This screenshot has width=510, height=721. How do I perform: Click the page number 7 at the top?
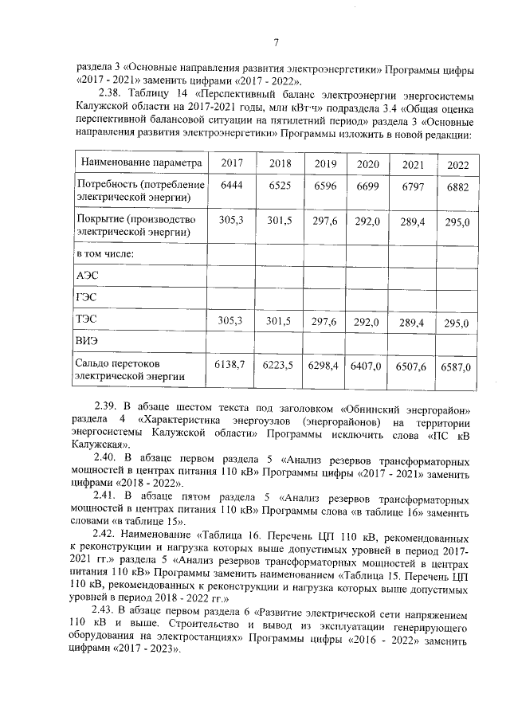[x=276, y=42]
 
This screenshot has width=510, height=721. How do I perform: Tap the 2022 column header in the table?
[x=457, y=165]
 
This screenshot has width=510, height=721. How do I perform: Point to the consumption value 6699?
[x=367, y=186]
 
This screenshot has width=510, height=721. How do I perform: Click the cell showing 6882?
[x=457, y=187]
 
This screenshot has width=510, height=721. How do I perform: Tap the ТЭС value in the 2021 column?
[x=412, y=323]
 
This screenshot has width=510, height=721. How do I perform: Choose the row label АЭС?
[x=87, y=275]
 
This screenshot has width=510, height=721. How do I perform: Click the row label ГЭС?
[x=87, y=297]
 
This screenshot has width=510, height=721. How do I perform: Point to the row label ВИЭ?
[x=88, y=343]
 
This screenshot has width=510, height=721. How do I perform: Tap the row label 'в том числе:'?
[x=104, y=253]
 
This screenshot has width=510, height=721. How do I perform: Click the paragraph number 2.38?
[x=107, y=92]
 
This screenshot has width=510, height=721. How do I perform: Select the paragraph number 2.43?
[x=107, y=610]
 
